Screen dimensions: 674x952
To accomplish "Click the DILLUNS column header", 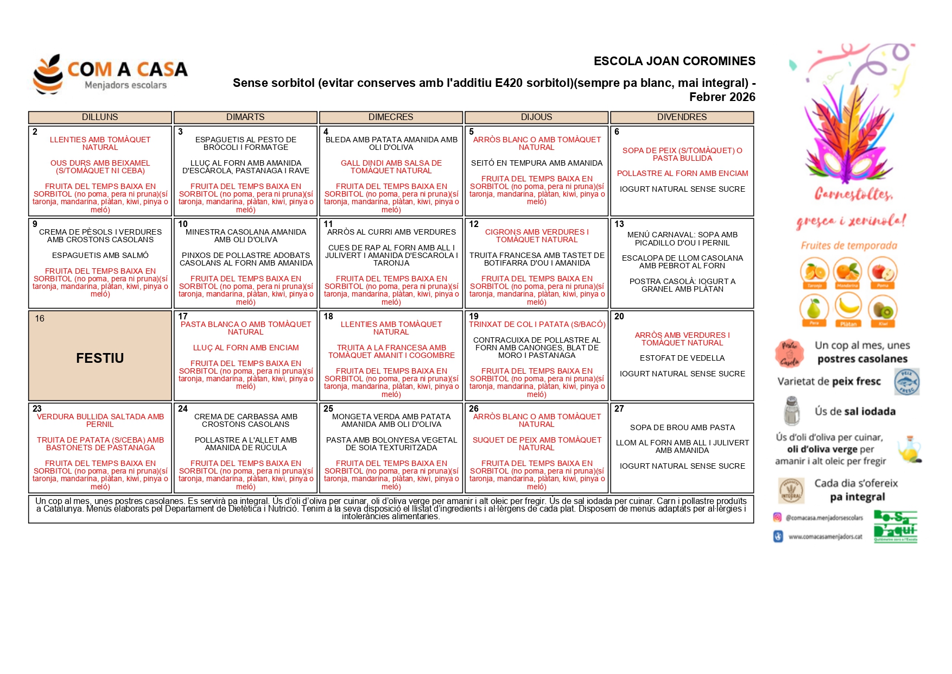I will click(100, 117).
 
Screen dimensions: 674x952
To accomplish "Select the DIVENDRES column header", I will click(682, 117).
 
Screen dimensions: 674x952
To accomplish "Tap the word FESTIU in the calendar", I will click(100, 358).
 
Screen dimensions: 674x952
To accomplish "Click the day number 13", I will click(619, 224).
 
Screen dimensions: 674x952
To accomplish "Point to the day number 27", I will click(619, 408).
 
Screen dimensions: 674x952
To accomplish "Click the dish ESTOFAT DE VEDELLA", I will click(682, 358).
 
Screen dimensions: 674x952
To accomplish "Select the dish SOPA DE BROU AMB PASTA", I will click(682, 427).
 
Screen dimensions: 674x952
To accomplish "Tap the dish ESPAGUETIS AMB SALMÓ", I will click(100, 255).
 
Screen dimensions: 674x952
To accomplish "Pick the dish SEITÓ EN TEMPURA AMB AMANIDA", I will click(536, 163).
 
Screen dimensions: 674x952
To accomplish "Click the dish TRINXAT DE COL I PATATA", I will click(536, 324).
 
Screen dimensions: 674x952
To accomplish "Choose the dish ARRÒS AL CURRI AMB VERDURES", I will click(391, 232).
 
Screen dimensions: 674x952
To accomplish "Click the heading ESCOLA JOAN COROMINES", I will click(674, 61).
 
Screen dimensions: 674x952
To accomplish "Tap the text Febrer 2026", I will click(722, 97).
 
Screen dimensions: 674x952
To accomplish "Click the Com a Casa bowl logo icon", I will click(48, 74).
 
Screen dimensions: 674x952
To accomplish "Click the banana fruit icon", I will click(848, 307).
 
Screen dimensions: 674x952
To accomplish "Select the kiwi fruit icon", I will click(883, 310).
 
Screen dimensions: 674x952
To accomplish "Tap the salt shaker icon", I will click(792, 411).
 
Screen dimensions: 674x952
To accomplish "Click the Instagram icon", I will click(777, 518).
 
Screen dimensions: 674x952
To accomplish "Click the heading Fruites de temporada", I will click(849, 245).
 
